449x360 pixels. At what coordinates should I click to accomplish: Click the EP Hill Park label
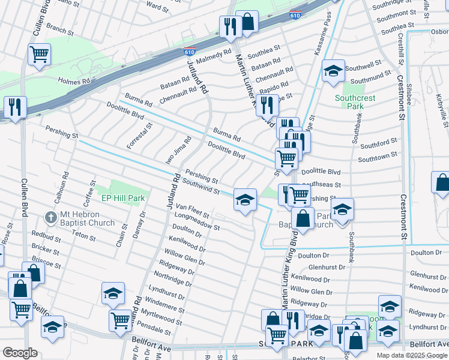pos(123,197)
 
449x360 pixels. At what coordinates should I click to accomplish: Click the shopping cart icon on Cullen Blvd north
pos(40,54)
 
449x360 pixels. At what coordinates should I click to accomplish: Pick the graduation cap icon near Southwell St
pos(333,71)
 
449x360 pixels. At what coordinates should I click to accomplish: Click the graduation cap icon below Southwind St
pos(245,199)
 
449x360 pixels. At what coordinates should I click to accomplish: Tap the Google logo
pos(20,352)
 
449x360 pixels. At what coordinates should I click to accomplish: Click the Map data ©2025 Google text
pos(412,355)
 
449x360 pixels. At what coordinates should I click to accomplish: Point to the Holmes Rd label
pos(73,80)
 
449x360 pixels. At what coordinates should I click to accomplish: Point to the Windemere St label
pos(164,304)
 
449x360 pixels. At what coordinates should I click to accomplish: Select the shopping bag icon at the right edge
pos(442,183)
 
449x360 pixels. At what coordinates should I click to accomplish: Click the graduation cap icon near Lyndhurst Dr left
pos(112,293)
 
